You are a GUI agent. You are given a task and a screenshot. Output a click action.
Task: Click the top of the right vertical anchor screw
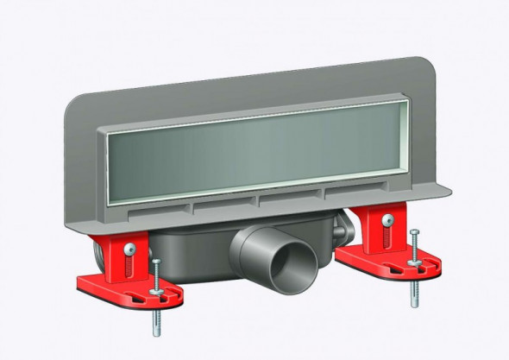click(x=416, y=233)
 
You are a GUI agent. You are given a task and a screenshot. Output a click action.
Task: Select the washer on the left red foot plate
click(x=156, y=290)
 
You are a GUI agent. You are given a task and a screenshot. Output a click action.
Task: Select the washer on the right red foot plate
click(x=416, y=261)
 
